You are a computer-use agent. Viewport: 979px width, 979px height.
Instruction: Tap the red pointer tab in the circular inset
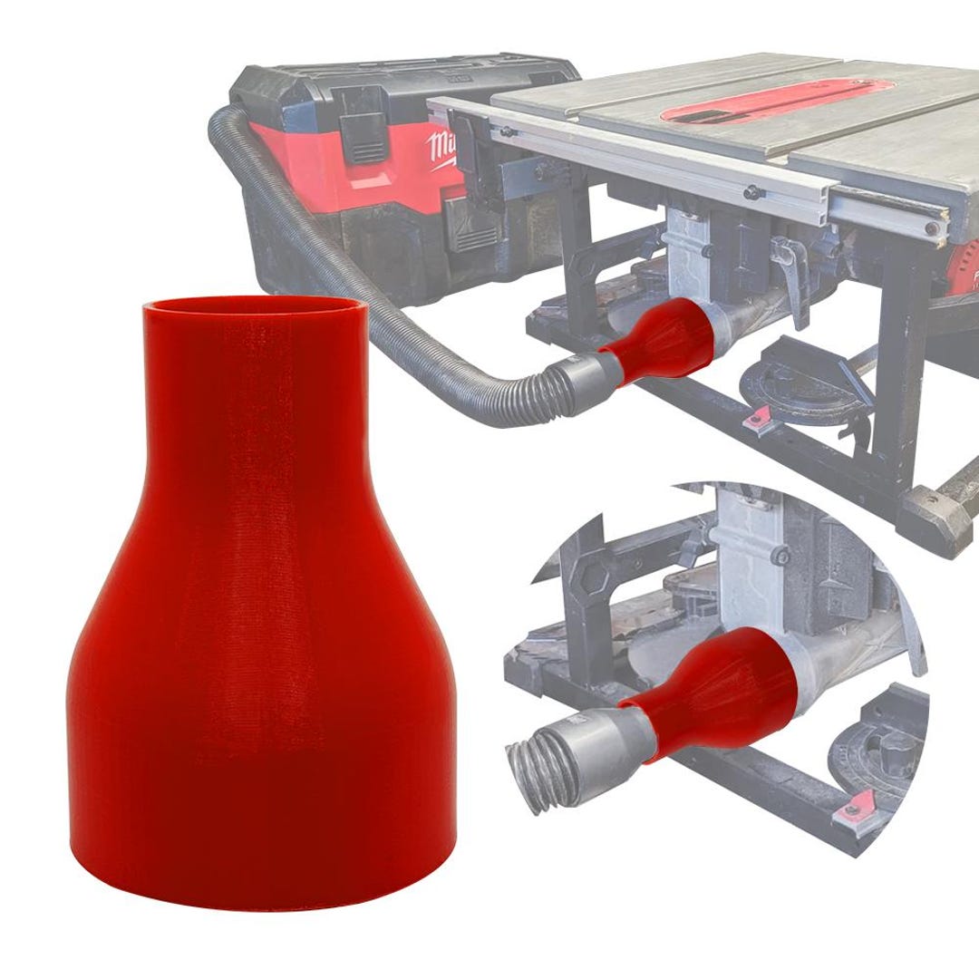coord(858,802)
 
